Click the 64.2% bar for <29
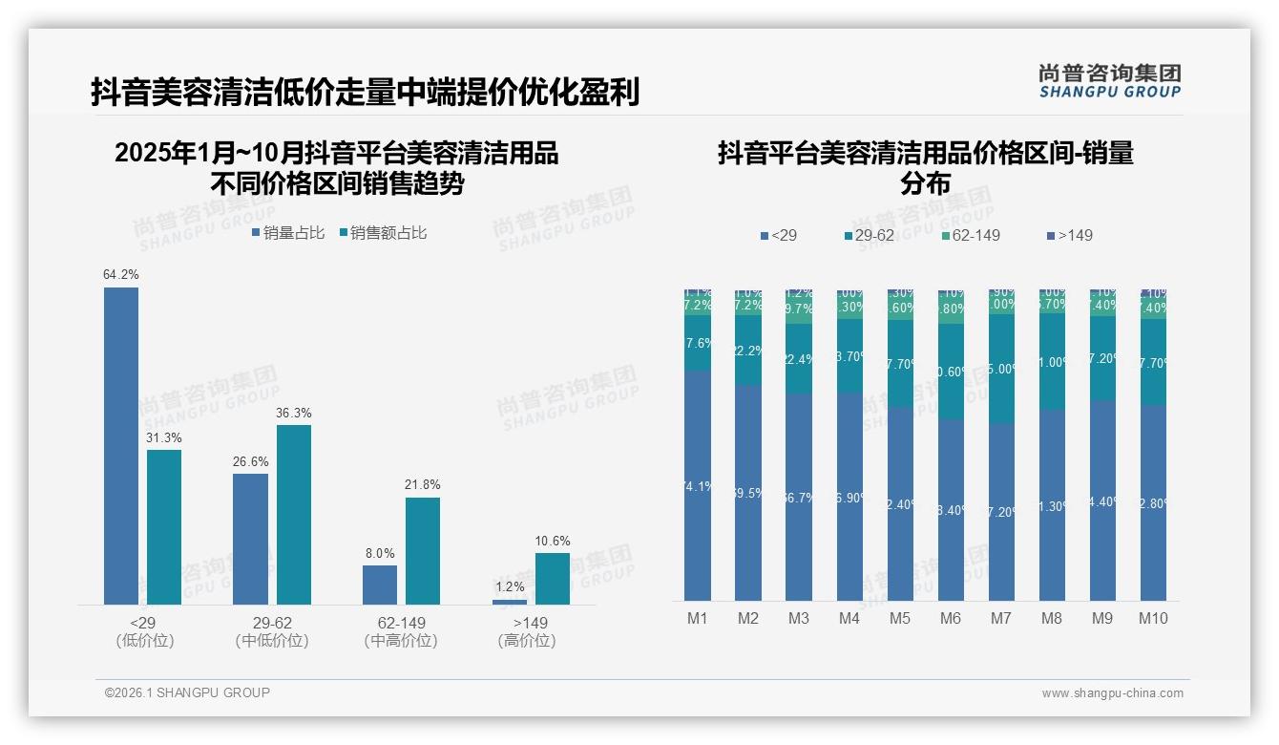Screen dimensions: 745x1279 click(121, 446)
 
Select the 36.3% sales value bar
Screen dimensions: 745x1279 click(294, 515)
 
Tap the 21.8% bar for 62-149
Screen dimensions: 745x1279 click(423, 551)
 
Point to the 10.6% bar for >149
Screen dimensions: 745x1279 click(552, 579)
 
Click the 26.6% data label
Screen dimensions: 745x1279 click(250, 461)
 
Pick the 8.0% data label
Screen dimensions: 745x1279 click(379, 553)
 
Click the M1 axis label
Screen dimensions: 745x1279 click(698, 618)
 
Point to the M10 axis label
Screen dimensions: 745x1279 click(1153, 618)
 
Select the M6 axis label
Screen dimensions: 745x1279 click(951, 618)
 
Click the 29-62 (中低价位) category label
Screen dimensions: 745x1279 click(272, 631)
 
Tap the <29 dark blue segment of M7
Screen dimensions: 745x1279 click(1001, 511)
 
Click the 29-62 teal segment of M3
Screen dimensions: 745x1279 click(799, 359)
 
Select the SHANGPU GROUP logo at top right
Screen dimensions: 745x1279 click(1110, 80)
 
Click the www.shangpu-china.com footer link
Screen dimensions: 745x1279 click(1112, 693)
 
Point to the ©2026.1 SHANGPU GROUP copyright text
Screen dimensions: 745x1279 click(187, 692)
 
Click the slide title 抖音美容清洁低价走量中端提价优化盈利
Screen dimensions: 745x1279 click(365, 93)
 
